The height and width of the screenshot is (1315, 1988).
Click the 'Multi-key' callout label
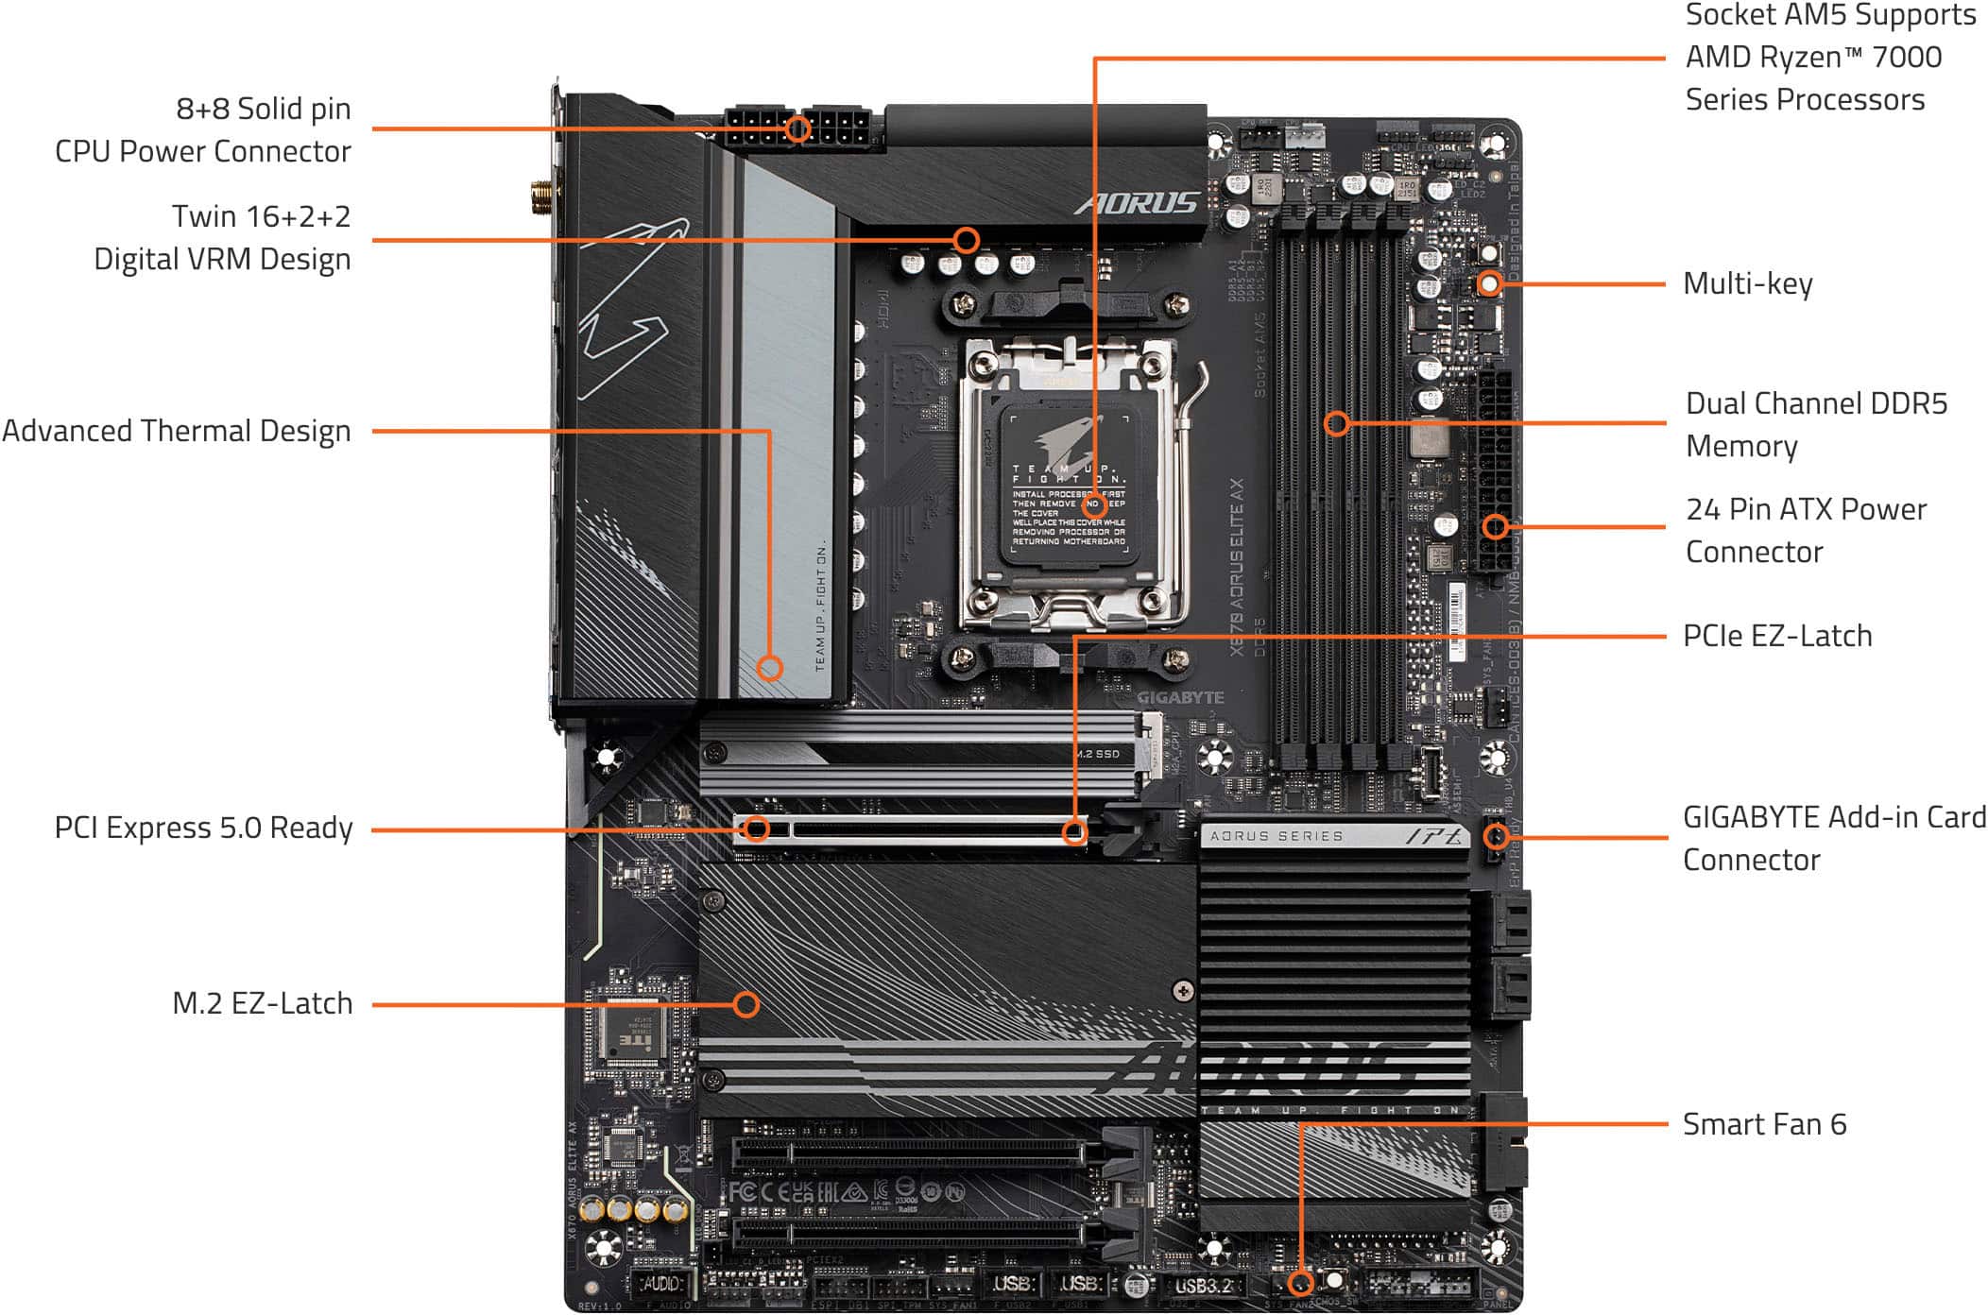1747,283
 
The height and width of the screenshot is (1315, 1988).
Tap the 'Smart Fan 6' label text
1763,1124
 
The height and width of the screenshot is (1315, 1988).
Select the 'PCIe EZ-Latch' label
1776,636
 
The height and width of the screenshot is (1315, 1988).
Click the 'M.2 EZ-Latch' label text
262,1003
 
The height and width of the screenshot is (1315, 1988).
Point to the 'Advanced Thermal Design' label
176,431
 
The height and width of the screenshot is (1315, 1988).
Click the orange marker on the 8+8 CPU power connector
798,128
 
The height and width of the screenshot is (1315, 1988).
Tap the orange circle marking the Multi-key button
1489,282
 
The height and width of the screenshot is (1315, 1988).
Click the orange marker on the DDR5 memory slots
1336,422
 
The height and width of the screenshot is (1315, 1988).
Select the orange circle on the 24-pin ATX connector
1495,526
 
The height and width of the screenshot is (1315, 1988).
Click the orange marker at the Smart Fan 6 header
1301,1282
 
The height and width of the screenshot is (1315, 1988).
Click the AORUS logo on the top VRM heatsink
1137,203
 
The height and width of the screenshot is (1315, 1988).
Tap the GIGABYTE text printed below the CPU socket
1180,697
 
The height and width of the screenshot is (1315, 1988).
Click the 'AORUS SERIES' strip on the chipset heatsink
1276,836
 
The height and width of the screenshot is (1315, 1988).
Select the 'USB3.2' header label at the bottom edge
1203,1285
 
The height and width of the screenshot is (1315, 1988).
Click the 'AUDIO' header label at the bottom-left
661,1284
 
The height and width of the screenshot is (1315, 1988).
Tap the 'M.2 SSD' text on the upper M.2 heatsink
1098,754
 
